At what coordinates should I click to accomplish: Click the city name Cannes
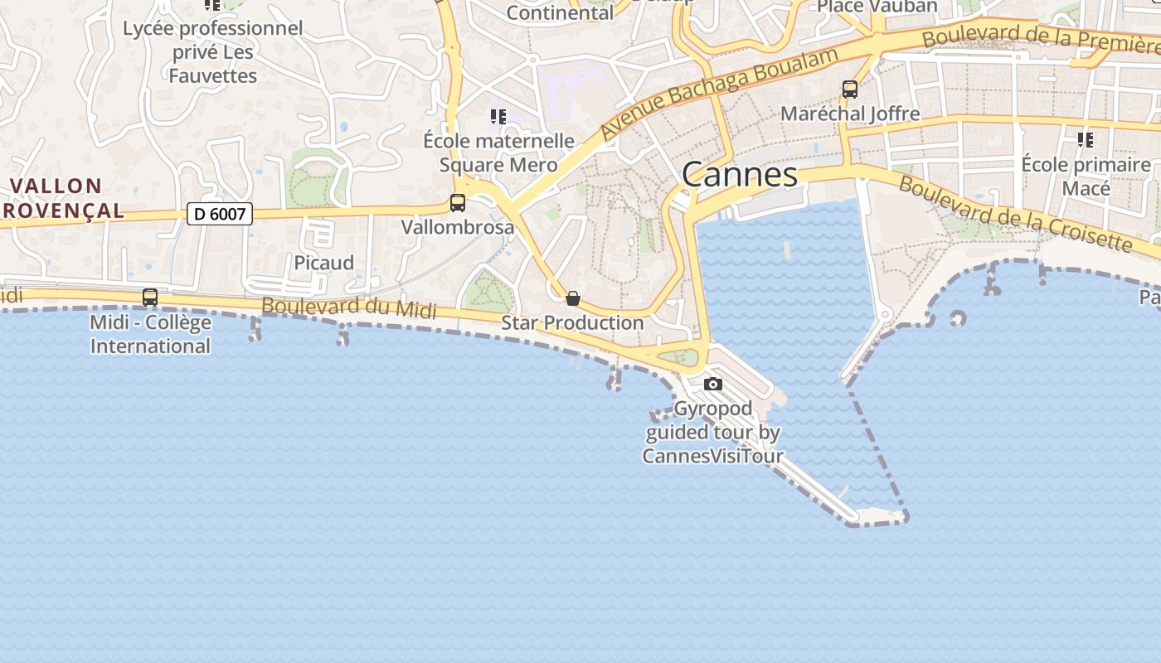point(740,175)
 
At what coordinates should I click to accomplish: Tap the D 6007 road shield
point(219,214)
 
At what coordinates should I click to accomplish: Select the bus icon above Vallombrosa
point(457,202)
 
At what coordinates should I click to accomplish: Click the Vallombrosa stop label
point(458,226)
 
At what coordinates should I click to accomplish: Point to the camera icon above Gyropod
point(712,384)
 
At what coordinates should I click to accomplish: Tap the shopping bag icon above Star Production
point(572,298)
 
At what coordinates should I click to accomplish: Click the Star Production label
point(572,322)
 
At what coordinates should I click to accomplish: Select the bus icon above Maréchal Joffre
point(849,89)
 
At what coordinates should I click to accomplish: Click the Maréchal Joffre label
point(850,114)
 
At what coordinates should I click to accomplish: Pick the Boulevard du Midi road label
point(349,307)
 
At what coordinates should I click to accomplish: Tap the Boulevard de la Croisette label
point(1015,213)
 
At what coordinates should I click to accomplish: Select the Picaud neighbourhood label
point(323,263)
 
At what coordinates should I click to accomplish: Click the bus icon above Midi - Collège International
point(150,297)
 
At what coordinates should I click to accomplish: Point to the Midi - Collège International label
point(150,334)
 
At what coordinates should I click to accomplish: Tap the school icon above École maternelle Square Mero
point(498,117)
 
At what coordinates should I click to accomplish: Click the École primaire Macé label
point(1086,176)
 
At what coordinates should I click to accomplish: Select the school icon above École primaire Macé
point(1085,139)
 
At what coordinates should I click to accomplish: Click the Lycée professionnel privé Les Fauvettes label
point(213,51)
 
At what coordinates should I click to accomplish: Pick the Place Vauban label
point(877,7)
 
